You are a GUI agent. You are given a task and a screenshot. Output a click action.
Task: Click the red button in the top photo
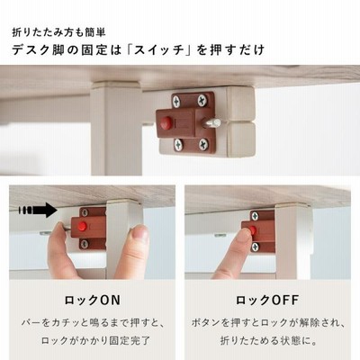pos(166,122)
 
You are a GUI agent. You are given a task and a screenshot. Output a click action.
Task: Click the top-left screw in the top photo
pos(176,102)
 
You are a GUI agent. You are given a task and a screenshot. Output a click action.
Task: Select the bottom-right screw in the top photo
pos(203,144)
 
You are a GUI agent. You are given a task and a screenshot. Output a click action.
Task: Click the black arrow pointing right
pos(38,210)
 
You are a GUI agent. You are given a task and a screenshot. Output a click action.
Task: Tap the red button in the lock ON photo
pos(82,227)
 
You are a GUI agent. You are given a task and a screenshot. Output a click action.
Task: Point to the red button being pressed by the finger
pos(253,230)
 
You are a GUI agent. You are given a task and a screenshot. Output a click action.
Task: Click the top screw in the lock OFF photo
pos(255,216)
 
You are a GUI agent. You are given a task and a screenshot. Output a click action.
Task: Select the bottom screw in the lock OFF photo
pos(256,247)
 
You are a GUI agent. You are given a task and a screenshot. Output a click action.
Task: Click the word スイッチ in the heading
pos(159,49)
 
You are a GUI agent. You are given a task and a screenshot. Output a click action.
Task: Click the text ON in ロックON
pos(110,300)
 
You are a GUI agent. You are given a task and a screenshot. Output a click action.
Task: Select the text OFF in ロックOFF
pos(285,300)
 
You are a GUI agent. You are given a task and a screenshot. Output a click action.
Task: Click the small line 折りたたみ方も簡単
pos(58,32)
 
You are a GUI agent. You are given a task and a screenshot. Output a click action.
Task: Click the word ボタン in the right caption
pos(205,323)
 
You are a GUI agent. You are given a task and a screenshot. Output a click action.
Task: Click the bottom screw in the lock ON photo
pos(85,244)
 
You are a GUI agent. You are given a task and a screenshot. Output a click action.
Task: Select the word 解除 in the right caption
pos(310,323)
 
